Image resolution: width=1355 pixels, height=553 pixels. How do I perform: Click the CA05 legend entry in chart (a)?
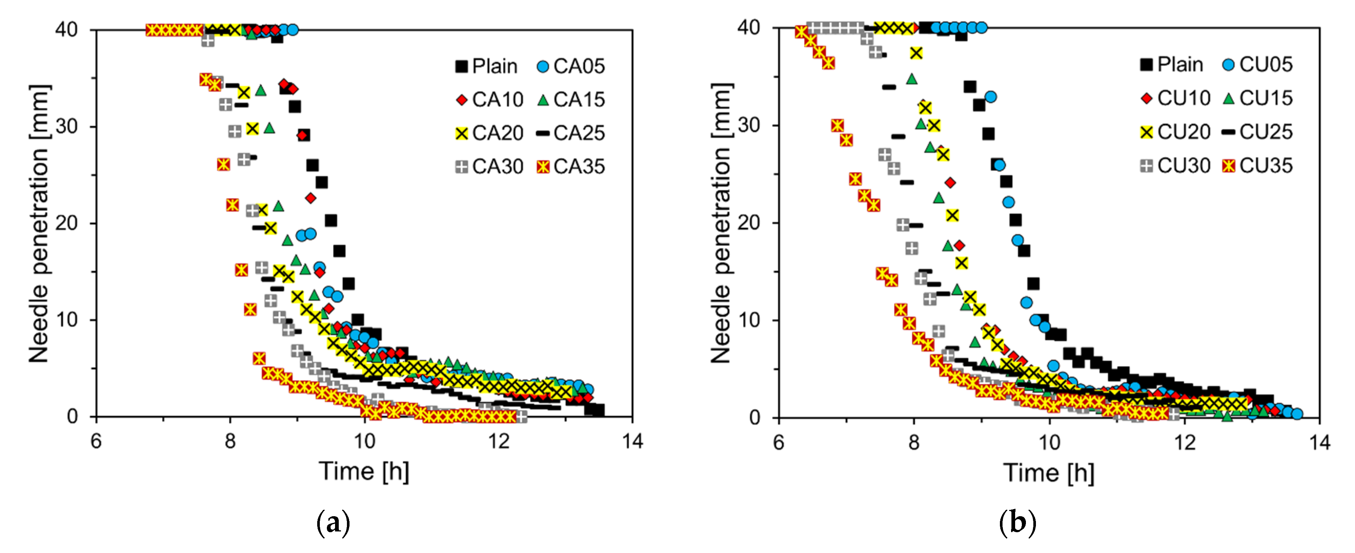(x=571, y=66)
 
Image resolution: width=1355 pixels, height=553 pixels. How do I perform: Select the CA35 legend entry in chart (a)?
(x=571, y=167)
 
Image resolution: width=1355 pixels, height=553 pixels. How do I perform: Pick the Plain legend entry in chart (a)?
(x=487, y=66)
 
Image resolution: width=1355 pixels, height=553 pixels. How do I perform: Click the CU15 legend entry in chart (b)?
(x=1257, y=98)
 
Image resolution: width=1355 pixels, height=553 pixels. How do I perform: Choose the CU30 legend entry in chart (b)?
(x=1176, y=166)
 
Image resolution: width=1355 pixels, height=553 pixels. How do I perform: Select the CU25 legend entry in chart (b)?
(x=1257, y=132)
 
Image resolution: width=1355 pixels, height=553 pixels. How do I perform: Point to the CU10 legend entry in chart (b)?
(x=1176, y=98)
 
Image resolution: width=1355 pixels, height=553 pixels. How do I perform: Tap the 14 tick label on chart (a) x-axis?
(x=632, y=441)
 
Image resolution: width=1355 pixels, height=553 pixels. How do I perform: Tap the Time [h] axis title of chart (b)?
(x=1049, y=472)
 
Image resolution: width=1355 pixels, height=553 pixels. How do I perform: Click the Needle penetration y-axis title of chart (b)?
(x=721, y=223)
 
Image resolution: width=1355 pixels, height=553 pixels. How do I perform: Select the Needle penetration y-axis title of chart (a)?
(x=39, y=223)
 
